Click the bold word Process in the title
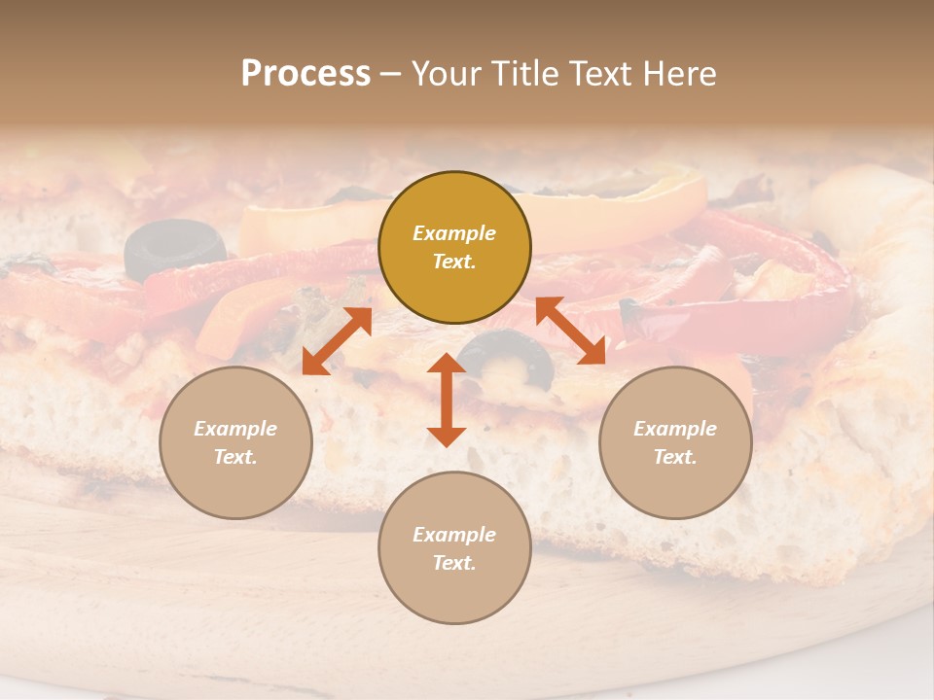305,74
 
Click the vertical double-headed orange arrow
447,400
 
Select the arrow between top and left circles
337,341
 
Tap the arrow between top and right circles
570,332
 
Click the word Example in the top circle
454,233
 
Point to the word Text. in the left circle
235,457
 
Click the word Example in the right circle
675,429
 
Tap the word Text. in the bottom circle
454,563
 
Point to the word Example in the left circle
235,429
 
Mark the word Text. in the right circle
675,457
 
